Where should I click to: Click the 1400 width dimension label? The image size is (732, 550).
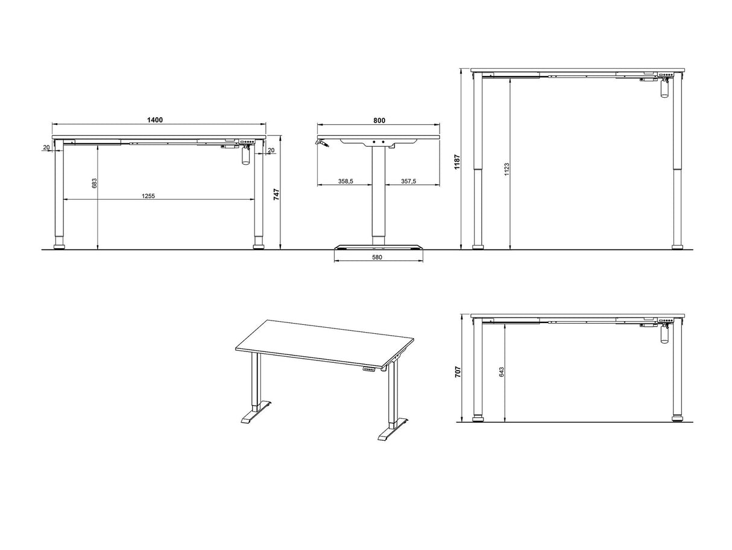pos(155,120)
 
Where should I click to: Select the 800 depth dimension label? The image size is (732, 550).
pos(379,121)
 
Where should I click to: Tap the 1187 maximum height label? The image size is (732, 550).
pos(457,162)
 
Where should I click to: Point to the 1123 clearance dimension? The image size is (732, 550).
pos(507,169)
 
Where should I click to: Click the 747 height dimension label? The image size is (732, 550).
pos(276,194)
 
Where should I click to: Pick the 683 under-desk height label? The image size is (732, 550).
pos(95,183)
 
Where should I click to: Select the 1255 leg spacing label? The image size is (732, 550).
pos(148,196)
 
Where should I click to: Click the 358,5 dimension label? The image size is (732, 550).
pos(345,181)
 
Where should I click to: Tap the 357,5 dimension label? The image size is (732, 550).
pos(409,181)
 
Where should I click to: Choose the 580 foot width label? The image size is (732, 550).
pos(377,257)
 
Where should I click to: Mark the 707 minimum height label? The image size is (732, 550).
pos(458,372)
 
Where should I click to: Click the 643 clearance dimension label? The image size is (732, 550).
pos(502,373)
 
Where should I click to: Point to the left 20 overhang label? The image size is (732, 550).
pos(46,147)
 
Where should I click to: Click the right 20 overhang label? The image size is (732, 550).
pos(271,150)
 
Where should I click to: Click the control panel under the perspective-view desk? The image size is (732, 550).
pos(370,369)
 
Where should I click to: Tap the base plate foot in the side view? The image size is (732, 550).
pos(379,248)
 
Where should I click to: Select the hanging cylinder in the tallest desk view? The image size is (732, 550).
pos(664,89)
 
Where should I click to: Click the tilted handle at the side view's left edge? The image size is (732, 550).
pos(322,143)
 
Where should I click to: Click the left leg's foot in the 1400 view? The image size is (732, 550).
pos(59,247)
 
